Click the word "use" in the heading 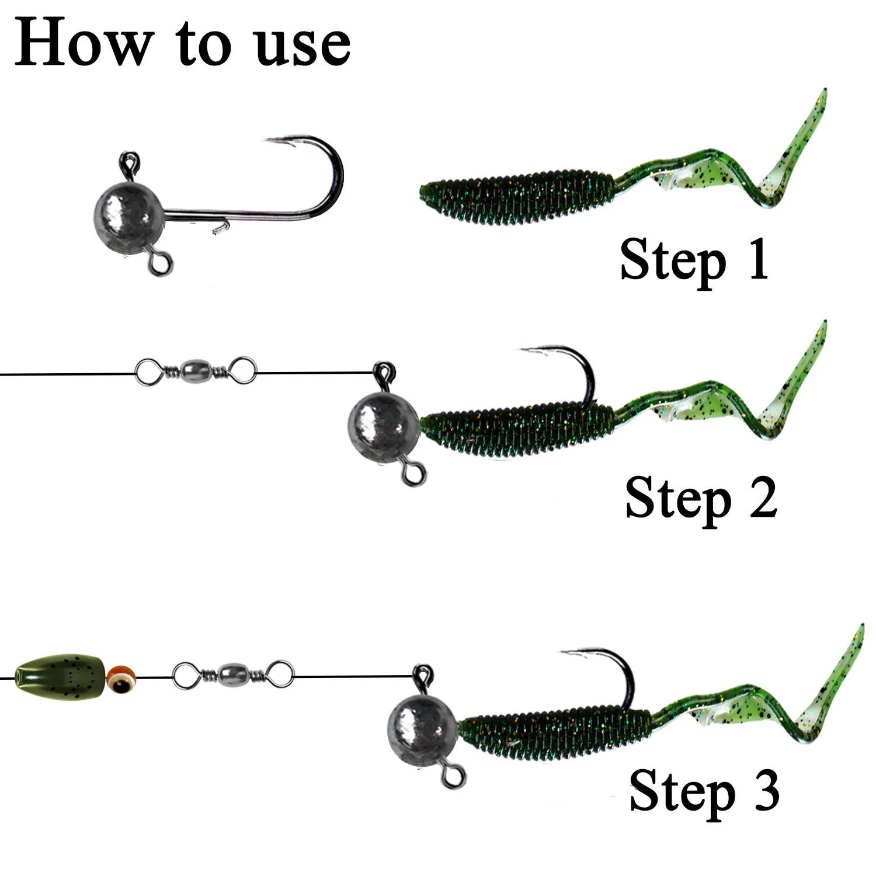(303, 47)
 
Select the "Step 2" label (701, 498)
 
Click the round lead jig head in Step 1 (129, 214)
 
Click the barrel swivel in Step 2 (196, 370)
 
